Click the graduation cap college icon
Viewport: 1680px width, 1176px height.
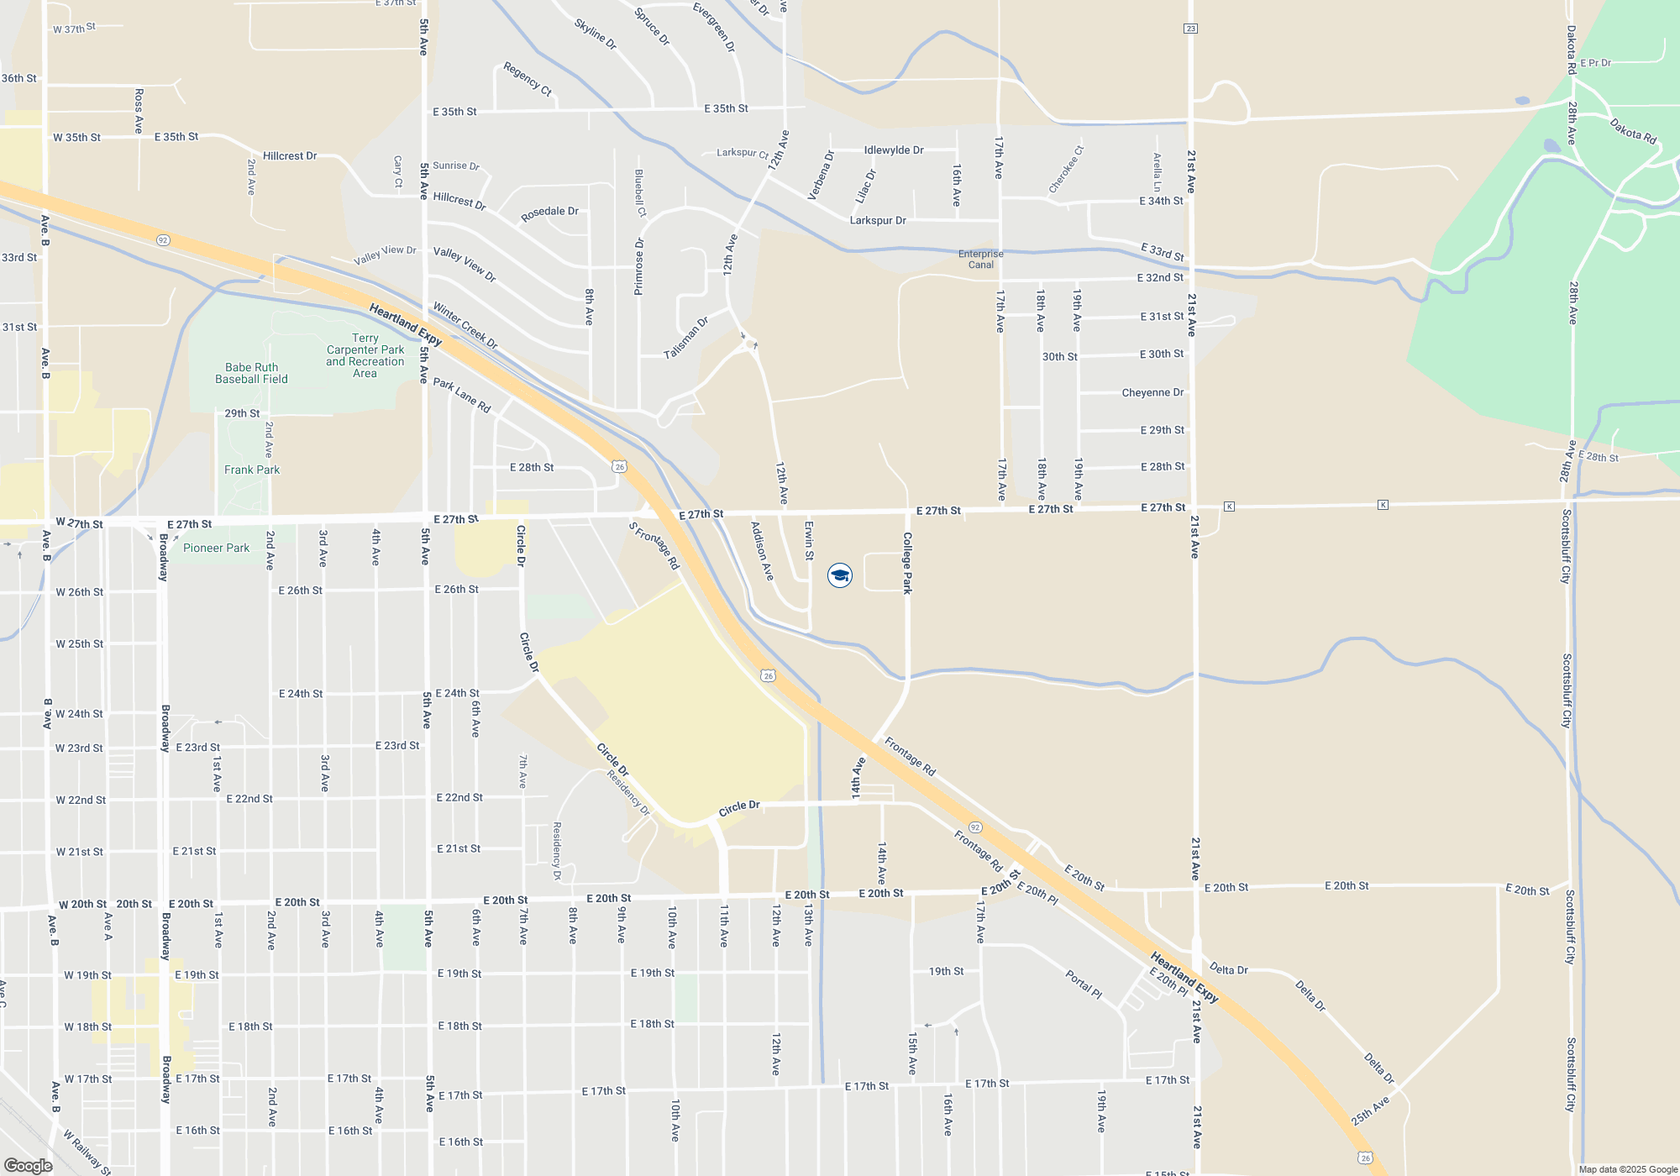pos(839,575)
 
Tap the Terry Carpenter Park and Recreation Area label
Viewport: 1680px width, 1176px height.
pos(365,355)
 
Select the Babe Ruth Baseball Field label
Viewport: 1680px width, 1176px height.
pos(251,373)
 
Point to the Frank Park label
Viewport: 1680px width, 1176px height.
pos(252,470)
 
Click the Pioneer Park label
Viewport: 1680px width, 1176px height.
pos(216,548)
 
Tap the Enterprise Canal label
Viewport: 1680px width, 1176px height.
pos(980,259)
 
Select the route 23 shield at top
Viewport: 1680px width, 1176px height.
pos(1190,29)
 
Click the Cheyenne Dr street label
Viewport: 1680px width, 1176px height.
pos(1152,392)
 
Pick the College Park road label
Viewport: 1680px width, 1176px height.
pos(907,563)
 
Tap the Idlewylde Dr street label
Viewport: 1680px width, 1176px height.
pos(894,150)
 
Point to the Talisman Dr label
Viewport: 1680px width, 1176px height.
pos(686,338)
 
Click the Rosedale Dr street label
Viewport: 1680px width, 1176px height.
pos(549,213)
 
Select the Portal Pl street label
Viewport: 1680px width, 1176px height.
pos(1084,984)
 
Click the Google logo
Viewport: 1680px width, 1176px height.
pos(28,1165)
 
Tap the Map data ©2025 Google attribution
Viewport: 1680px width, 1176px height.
pos(1627,1169)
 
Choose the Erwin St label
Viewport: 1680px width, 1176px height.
pos(809,540)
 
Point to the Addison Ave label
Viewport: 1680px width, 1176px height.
pos(762,551)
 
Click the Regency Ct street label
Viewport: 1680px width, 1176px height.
pos(528,79)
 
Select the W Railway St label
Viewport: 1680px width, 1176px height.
pos(87,1152)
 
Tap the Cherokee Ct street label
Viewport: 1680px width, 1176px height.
pos(1066,170)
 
